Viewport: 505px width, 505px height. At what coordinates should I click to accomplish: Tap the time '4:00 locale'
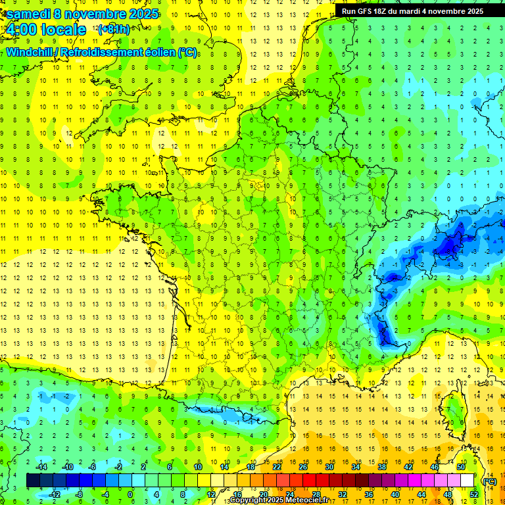tap(46, 30)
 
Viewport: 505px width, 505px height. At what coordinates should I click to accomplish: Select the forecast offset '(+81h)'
tap(114, 30)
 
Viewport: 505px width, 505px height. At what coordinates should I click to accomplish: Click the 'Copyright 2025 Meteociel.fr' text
tap(279, 500)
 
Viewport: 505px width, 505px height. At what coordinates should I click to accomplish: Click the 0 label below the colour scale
tap(130, 494)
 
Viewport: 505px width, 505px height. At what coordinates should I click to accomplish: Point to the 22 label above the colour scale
tap(277, 467)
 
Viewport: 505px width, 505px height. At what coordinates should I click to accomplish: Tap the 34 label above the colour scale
tap(356, 467)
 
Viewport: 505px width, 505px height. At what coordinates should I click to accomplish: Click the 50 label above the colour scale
tap(460, 467)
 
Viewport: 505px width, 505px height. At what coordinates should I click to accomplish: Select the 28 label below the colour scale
tap(316, 494)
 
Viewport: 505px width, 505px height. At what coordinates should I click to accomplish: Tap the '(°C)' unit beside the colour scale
tap(489, 481)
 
